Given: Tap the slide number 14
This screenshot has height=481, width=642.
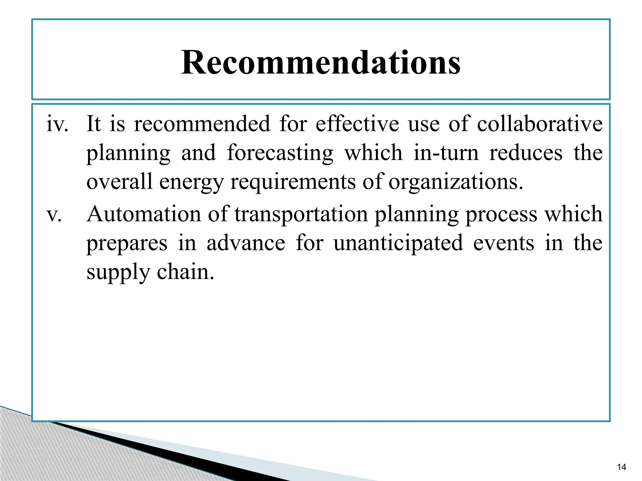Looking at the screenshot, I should point(621,467).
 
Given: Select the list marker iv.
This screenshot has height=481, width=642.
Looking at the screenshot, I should point(57,124).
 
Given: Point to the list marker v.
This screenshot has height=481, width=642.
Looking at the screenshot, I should point(54,215).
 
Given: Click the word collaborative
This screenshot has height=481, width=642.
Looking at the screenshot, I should point(539,123).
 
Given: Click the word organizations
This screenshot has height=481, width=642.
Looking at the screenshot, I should point(455,182).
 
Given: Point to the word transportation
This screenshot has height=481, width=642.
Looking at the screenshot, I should point(301,215).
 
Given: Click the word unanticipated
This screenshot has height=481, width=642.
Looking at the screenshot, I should point(398,243).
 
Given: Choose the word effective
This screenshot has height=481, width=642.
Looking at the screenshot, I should point(357,123).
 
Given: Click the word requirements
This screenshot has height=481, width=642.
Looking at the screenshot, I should point(293,182).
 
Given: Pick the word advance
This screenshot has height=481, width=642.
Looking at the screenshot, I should point(246,243).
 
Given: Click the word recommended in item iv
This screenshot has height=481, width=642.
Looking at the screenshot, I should point(202,123).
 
